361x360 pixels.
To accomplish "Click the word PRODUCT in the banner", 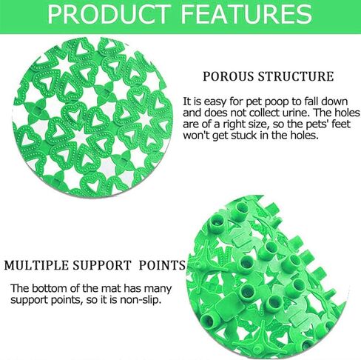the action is [x=109, y=14].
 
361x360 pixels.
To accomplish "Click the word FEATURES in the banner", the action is [x=246, y=14].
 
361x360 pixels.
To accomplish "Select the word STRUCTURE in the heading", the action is [x=296, y=76].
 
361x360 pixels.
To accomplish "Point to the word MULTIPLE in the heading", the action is [x=36, y=265].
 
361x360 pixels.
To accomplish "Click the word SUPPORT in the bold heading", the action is [x=101, y=265].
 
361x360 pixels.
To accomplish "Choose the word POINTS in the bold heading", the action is [x=162, y=265].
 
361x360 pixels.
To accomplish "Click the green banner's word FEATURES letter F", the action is [x=188, y=14].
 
